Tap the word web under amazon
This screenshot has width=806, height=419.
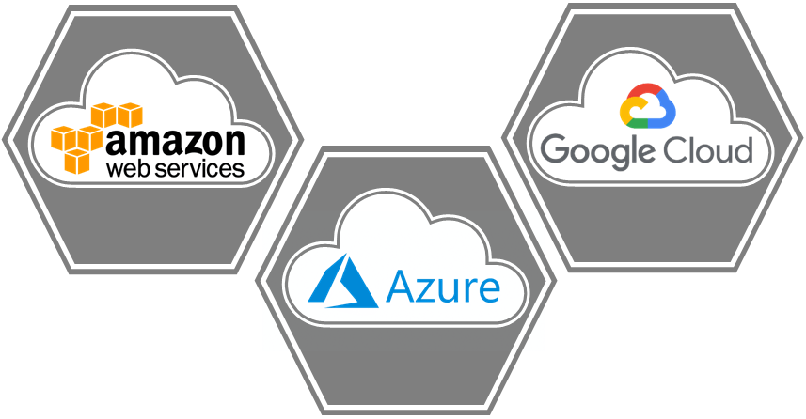[130, 169]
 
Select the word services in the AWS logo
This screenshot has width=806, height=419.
[199, 169]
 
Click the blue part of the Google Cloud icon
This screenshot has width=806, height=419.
[667, 111]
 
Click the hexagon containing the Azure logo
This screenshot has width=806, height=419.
[404, 366]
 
